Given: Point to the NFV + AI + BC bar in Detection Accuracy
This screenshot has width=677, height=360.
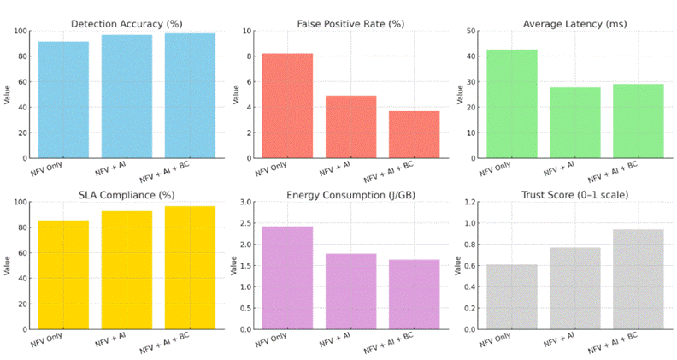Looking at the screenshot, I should (x=190, y=96).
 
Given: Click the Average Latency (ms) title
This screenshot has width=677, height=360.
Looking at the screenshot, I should (x=574, y=23).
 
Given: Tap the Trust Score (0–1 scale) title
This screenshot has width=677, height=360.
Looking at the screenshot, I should (x=574, y=195).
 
